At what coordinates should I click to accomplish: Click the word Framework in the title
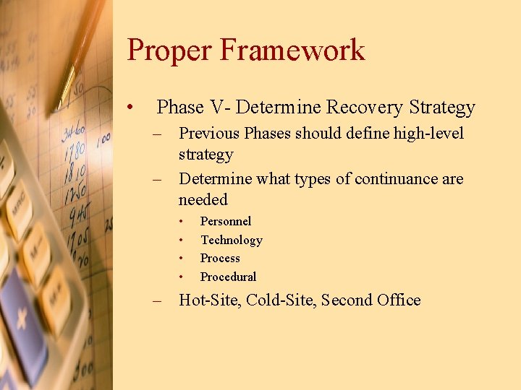[x=292, y=51]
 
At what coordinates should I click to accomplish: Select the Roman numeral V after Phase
[x=218, y=108]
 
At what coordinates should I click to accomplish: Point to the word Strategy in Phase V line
[x=441, y=108]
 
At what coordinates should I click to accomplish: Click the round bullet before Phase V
[x=128, y=108]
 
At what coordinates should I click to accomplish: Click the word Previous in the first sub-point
[x=210, y=134]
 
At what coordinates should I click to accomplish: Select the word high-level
[x=424, y=134]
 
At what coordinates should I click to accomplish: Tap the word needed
[x=203, y=200]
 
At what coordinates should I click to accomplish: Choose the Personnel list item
[x=225, y=221]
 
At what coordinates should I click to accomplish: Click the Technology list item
[x=231, y=240]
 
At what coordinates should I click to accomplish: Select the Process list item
[x=220, y=258]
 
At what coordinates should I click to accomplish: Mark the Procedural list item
[x=228, y=277]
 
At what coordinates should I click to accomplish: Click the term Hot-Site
[x=210, y=300]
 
